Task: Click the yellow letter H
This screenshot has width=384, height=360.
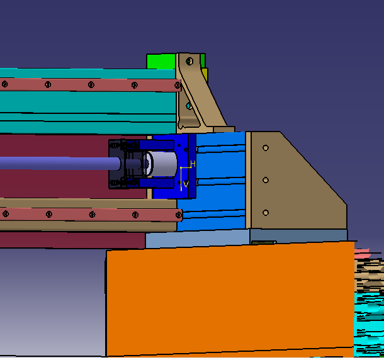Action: tap(193, 164)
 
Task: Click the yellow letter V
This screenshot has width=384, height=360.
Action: tap(186, 184)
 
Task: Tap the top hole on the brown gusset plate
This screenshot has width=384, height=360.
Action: tap(266, 148)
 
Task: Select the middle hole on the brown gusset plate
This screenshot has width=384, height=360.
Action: tap(266, 180)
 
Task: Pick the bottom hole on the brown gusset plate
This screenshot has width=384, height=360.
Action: tap(266, 213)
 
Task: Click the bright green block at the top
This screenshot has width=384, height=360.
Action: tap(161, 62)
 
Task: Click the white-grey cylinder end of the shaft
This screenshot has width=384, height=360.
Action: tap(162, 164)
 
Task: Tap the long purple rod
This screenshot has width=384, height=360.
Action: tap(60, 163)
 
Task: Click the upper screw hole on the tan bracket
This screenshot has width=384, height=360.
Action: tap(189, 61)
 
